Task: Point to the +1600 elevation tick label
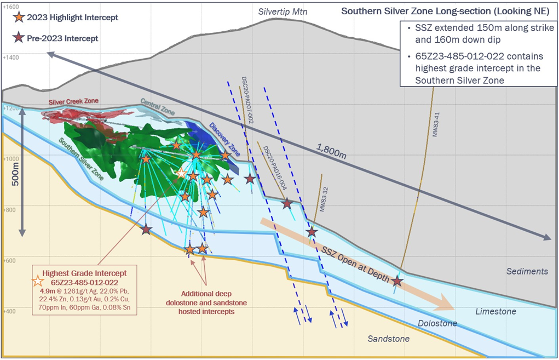[11, 7]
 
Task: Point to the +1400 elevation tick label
[11, 57]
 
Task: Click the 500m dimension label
[15, 175]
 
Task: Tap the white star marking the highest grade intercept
[181, 173]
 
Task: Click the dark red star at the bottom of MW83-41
[397, 281]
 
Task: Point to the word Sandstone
[389, 339]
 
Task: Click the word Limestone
[496, 311]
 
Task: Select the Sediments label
[527, 271]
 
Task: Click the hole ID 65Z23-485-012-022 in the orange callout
[89, 282]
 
